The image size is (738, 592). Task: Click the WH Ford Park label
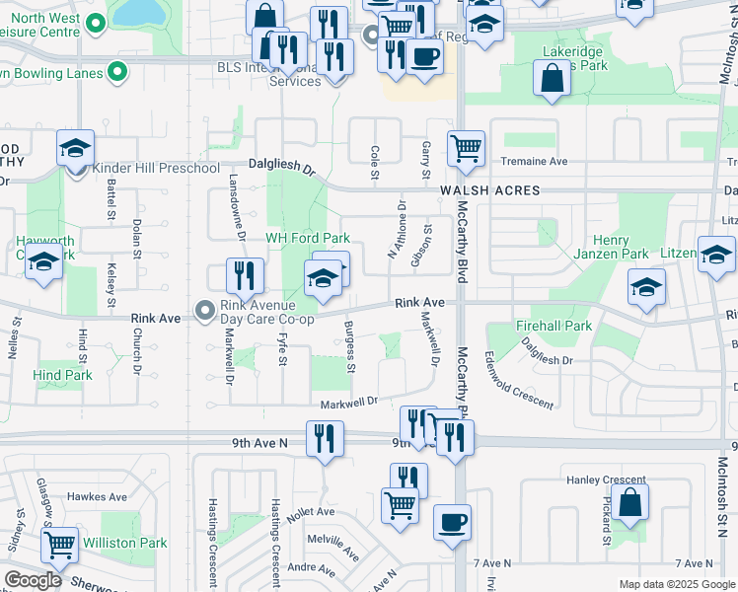308,239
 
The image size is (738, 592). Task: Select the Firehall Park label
553,326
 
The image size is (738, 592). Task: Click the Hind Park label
62,375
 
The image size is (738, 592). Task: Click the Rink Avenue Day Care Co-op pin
205,311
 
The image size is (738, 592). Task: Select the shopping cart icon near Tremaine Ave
467,149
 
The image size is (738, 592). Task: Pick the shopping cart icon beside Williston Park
60,544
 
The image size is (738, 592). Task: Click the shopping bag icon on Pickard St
629,500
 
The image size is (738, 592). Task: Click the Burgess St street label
350,346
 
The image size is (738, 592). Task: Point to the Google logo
33,580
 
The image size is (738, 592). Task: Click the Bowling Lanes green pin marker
116,71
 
